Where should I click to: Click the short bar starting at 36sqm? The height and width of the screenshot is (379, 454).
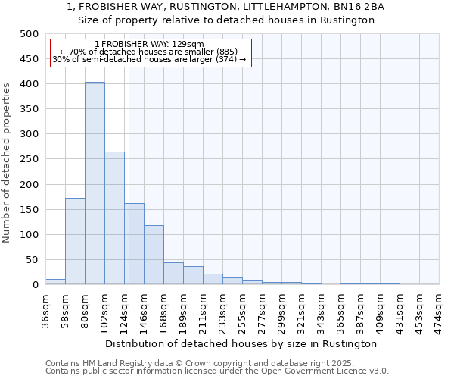click(55, 281)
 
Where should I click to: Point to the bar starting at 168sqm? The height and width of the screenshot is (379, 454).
click(173, 274)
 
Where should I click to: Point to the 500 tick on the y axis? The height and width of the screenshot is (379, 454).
click(30, 34)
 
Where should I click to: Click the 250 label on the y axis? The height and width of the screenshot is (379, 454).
click(30, 159)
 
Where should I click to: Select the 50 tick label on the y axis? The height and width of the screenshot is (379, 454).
click(33, 260)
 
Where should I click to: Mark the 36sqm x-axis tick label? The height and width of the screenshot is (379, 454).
click(45, 309)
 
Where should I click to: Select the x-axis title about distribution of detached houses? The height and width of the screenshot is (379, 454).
click(241, 343)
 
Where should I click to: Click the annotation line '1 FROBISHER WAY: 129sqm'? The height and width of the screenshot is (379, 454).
click(149, 45)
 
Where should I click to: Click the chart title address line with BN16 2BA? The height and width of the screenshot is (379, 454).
click(226, 6)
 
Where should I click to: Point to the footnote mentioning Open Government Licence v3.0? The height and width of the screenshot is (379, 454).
click(216, 371)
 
